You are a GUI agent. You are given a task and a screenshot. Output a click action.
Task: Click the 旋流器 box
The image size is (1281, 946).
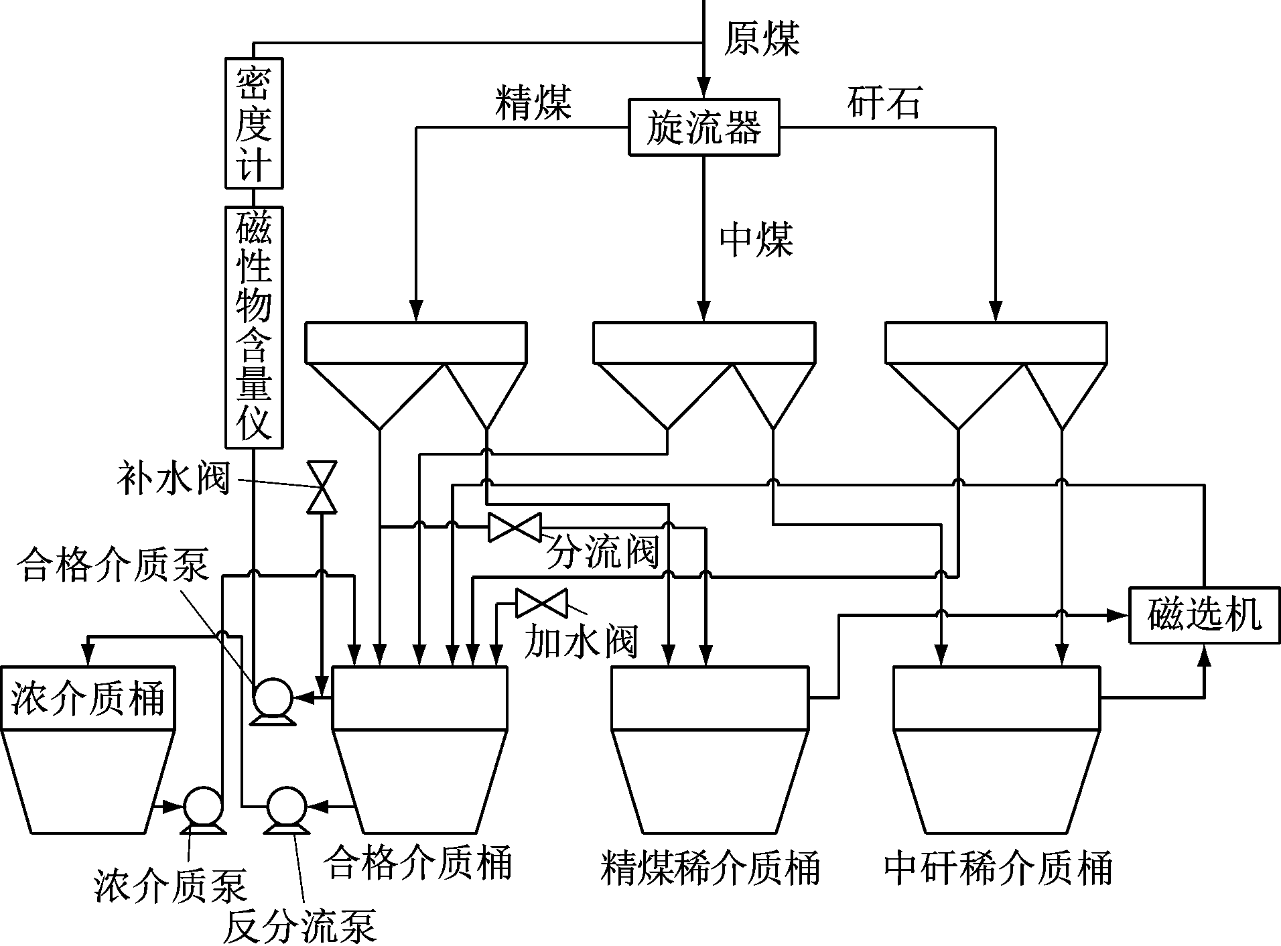pos(703,128)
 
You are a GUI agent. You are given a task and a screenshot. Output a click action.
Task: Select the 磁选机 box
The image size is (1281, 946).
pos(1204,615)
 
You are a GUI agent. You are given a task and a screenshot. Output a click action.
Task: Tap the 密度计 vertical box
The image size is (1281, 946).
pos(253,123)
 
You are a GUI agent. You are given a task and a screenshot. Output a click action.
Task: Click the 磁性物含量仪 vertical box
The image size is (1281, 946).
pos(253,327)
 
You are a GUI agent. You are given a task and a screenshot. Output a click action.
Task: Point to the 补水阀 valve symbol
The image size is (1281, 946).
pos(321,487)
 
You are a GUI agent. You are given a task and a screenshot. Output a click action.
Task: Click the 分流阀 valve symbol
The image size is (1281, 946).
pos(514,527)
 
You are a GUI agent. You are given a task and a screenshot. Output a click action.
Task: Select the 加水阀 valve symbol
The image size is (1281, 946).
pos(541,603)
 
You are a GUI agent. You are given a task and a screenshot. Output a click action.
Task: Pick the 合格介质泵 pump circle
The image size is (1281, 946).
pos(271,698)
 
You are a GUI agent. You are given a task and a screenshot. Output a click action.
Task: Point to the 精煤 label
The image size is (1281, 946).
pos(533,103)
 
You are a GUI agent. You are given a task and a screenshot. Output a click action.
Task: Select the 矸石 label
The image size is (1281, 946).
pos(884,102)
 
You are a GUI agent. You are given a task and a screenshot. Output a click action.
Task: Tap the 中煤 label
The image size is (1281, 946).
pos(756,239)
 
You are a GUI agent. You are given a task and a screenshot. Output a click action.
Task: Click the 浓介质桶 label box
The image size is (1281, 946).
pos(88,698)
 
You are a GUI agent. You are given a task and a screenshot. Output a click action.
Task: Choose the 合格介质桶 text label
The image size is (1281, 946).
pos(417,864)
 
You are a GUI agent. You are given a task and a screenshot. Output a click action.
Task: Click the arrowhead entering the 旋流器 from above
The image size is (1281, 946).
pos(703,89)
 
